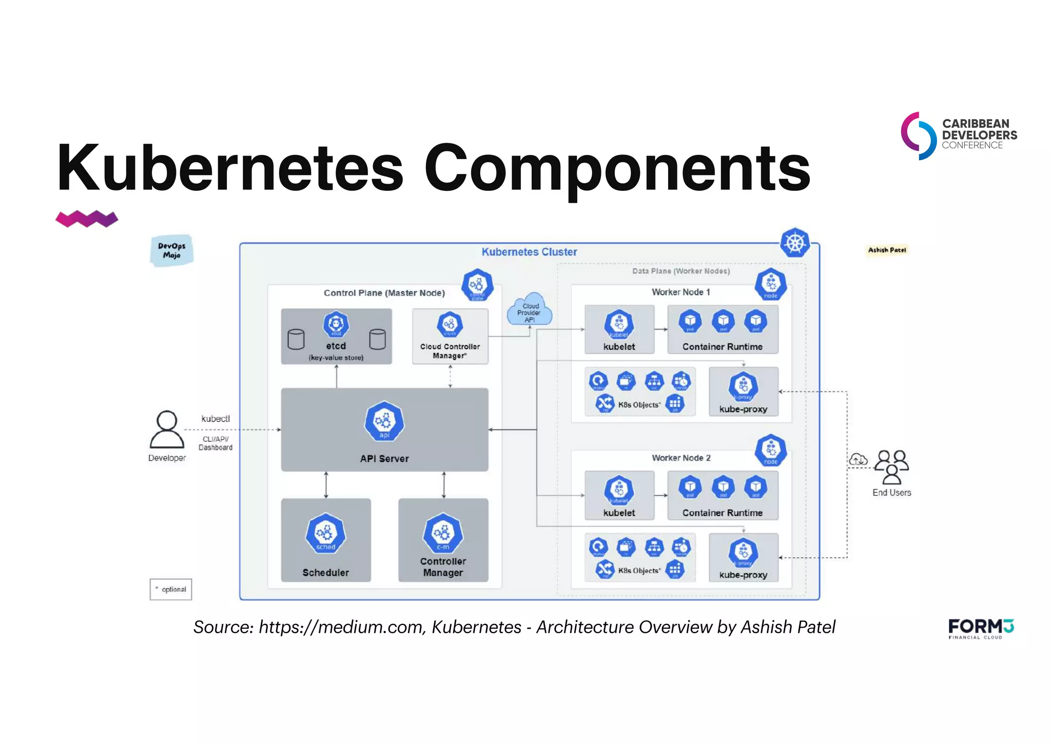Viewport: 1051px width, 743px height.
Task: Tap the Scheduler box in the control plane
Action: (x=326, y=540)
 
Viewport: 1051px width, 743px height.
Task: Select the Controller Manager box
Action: (x=443, y=540)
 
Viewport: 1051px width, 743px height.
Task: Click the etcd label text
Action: (x=336, y=346)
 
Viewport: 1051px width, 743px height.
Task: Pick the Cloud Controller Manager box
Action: (x=450, y=337)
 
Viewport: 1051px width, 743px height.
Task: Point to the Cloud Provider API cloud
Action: (x=530, y=310)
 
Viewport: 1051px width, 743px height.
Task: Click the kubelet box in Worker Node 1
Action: (x=619, y=329)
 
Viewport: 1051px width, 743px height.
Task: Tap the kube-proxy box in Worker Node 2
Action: (x=743, y=557)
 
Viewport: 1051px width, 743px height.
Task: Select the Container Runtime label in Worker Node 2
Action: (x=722, y=513)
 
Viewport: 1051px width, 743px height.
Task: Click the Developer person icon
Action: (x=167, y=430)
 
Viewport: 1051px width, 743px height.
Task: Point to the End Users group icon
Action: (x=891, y=466)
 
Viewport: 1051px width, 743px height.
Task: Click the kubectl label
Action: (x=216, y=419)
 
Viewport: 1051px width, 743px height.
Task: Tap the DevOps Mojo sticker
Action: (x=172, y=250)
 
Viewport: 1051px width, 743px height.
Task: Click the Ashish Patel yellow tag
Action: (x=887, y=250)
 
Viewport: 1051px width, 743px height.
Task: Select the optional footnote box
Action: (x=171, y=589)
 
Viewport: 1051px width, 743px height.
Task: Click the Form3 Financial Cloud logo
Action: (x=981, y=629)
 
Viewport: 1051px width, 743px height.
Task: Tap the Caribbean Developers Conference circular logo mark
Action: (x=919, y=135)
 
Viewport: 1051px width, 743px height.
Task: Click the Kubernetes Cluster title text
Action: (x=529, y=252)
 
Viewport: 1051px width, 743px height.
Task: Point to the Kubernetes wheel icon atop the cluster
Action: (x=795, y=243)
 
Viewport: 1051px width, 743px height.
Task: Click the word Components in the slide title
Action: (x=617, y=168)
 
